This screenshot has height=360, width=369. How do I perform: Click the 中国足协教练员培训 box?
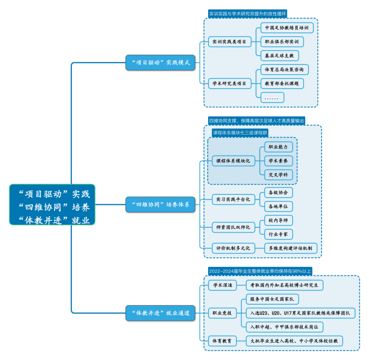click(287, 28)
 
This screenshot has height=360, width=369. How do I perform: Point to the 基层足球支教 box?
click(279, 55)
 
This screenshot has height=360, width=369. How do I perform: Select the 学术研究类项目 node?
click(229, 83)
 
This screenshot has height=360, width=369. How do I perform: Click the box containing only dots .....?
click(272, 98)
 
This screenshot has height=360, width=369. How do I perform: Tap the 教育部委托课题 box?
click(282, 83)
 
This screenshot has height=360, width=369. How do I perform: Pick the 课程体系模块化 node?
click(233, 161)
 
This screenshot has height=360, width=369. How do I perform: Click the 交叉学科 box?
click(278, 175)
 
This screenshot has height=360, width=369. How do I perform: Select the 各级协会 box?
click(278, 193)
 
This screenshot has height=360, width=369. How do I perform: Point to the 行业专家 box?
click(278, 234)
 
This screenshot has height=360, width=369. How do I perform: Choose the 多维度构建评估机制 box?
click(290, 248)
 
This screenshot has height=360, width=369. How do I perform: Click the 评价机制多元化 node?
click(233, 248)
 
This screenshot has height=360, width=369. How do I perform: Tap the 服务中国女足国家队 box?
click(272, 299)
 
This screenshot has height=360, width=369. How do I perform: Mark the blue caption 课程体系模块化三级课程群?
click(240, 133)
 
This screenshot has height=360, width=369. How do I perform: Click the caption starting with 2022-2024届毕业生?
click(260, 271)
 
